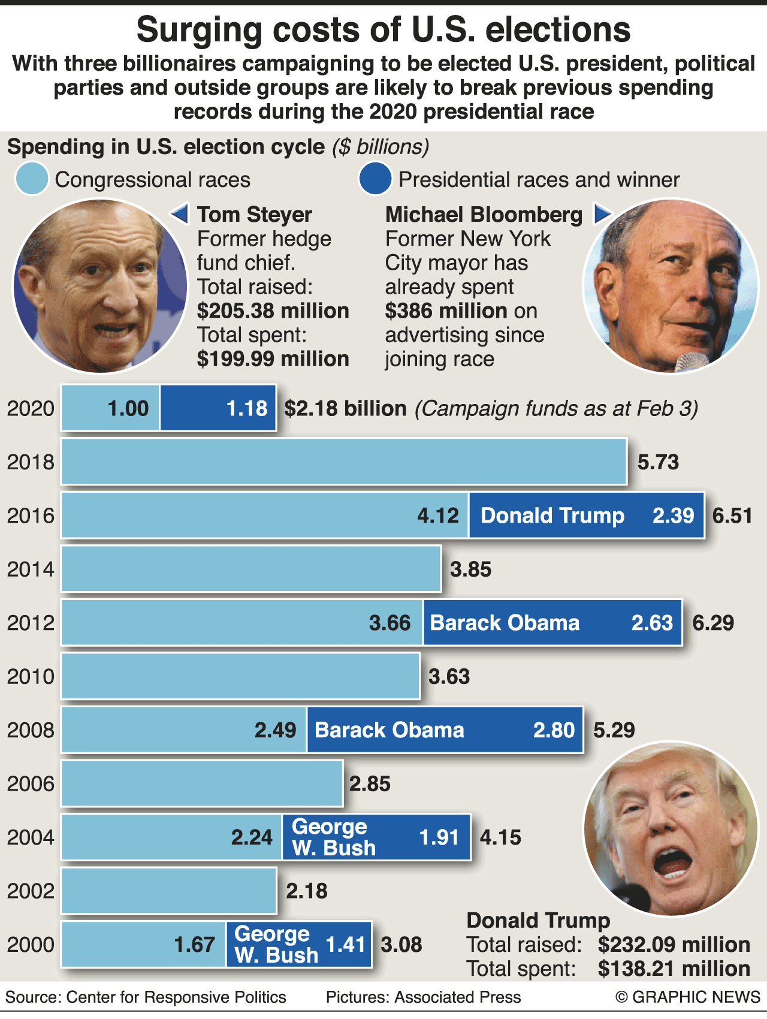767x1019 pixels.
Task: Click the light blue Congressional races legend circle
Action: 32,179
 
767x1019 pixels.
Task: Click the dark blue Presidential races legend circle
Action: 375,179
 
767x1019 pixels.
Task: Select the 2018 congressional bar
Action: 344,462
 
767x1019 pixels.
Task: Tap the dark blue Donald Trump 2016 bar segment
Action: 586,515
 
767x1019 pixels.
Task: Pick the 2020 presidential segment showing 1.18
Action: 218,408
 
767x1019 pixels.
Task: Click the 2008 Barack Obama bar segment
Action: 445,730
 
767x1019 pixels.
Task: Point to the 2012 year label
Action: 31,623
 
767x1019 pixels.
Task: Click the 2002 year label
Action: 31,891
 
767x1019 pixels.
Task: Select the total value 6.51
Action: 732,515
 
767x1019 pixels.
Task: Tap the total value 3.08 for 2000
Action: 401,945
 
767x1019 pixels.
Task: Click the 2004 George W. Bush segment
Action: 376,837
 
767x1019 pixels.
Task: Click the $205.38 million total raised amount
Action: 273,311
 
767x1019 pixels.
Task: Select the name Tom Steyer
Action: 255,215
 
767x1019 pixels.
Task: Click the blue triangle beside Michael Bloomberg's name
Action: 602,213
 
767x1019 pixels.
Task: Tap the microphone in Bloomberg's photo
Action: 692,361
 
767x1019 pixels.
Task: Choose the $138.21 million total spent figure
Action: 674,969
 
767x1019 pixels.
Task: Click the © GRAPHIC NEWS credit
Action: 688,997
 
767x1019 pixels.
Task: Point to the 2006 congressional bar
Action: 202,783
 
